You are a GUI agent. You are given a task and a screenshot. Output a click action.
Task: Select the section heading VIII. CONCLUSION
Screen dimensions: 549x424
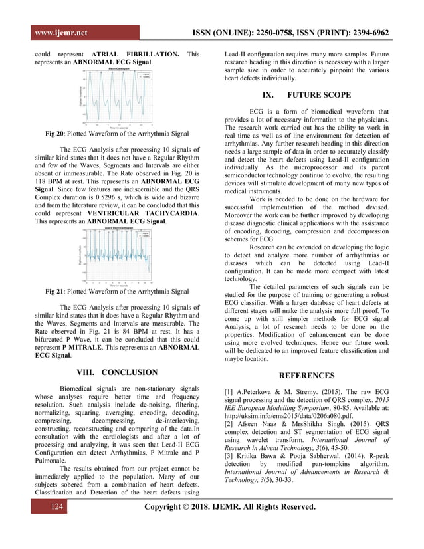click(x=116, y=372)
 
